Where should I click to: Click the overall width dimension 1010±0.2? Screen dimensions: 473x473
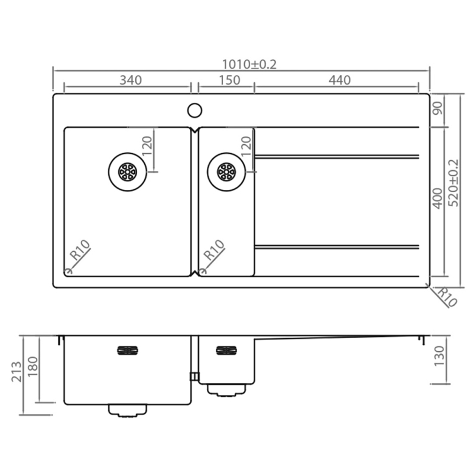click(249, 64)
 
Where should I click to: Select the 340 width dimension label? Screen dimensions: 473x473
click(131, 80)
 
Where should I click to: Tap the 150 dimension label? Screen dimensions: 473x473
click(229, 80)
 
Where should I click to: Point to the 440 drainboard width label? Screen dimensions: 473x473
click(339, 80)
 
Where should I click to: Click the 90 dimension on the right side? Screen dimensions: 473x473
click(438, 108)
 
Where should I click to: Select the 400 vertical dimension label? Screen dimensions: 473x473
click(438, 198)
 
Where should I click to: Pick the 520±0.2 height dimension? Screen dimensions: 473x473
click(453, 183)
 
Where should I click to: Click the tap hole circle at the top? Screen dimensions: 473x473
click(195, 111)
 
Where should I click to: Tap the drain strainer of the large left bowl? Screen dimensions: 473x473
click(128, 172)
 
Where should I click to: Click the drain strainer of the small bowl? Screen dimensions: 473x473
click(226, 172)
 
